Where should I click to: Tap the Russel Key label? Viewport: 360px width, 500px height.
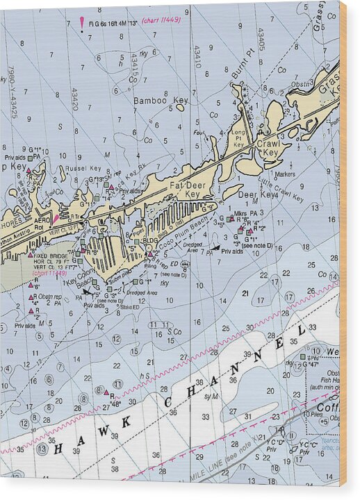[83, 168]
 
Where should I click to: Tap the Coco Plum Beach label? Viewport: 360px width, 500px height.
[184, 232]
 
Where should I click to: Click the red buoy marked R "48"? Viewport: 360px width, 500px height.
[111, 397]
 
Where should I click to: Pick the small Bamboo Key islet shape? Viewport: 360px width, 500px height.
[181, 107]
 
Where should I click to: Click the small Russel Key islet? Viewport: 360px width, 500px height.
[63, 174]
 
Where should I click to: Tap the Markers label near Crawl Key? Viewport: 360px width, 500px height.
[285, 174]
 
